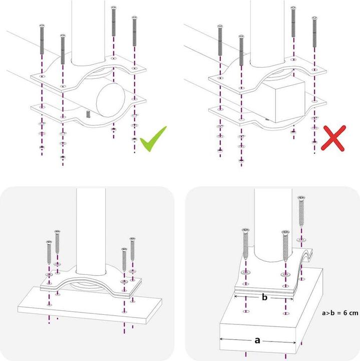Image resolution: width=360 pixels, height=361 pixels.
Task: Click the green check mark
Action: [x=153, y=139]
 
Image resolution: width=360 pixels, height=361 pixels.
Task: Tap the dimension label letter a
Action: [x=257, y=340]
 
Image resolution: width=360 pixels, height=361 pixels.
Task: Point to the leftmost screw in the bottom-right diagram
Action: [x=246, y=246]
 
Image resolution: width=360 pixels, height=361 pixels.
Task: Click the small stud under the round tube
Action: [x=88, y=114]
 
